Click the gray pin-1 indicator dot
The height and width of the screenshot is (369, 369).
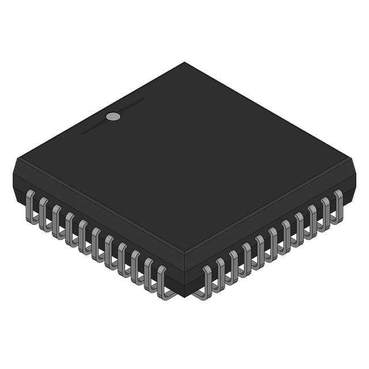coord(114,116)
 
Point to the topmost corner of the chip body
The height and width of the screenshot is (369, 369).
coord(184,63)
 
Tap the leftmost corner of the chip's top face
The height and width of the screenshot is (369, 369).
coord(14,161)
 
